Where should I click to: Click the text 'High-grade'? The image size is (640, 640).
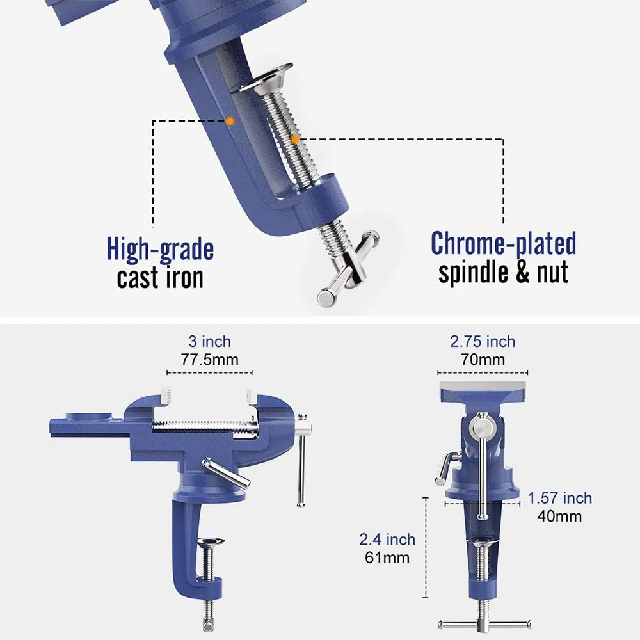point(160,249)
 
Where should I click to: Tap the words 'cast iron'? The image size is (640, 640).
point(160,278)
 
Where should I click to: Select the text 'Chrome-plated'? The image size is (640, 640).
point(503,244)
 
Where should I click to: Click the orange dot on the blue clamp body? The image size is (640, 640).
point(230,120)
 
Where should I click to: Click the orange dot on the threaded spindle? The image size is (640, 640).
point(294,138)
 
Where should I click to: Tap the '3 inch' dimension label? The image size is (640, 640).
point(209,342)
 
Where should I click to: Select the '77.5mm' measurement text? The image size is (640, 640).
point(209,360)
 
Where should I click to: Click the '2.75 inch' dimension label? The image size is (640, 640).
point(483,342)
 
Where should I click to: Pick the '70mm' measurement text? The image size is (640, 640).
point(483,360)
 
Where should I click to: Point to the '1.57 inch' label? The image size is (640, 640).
point(560,498)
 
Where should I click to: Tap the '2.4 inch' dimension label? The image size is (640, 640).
point(387,540)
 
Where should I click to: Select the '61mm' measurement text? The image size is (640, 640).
point(387,557)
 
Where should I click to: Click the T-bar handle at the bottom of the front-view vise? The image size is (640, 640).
point(484,625)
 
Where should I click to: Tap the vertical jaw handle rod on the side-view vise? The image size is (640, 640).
point(301,467)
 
